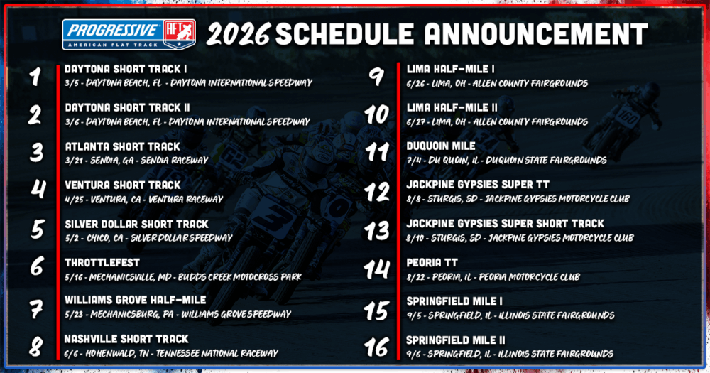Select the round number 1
point(33,76)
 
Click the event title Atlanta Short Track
point(121,146)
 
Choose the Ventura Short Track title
point(122,185)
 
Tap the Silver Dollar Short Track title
point(136,224)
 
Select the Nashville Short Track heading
point(126,339)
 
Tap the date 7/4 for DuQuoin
point(414,161)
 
